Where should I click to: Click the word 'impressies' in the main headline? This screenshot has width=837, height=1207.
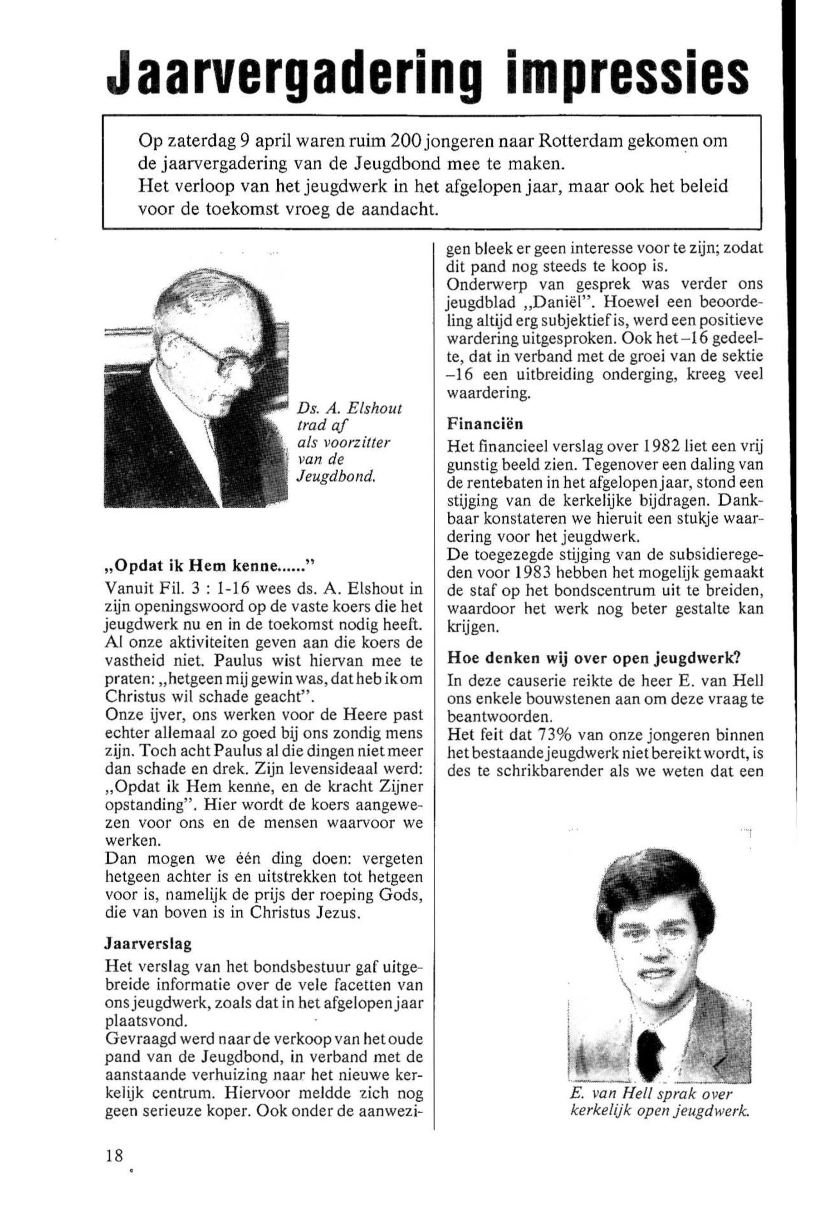[x=622, y=75]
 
